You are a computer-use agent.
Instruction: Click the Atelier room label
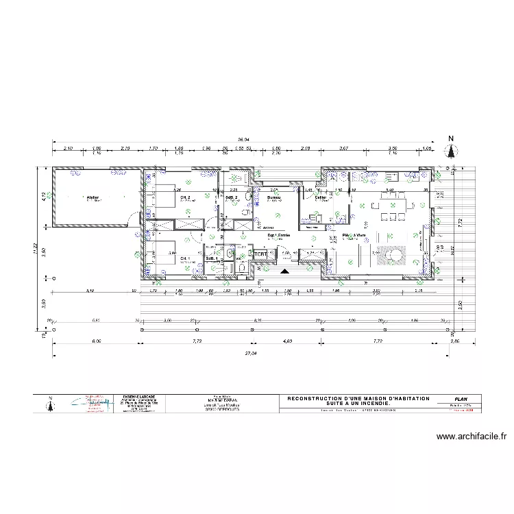[x=93, y=197]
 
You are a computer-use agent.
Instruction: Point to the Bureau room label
[x=273, y=197]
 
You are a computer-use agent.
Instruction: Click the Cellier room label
[x=321, y=197]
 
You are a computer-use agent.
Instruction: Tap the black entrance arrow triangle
[x=284, y=271]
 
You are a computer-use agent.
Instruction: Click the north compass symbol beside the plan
[x=451, y=150]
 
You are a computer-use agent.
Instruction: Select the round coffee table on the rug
[x=395, y=256]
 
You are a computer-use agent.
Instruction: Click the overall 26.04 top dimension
[x=243, y=138]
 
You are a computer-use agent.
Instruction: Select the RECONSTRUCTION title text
[x=358, y=398]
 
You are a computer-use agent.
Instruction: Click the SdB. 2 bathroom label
[x=232, y=197]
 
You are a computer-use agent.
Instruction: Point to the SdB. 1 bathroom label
[x=212, y=258]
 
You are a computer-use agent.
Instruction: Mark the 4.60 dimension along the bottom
[x=288, y=341]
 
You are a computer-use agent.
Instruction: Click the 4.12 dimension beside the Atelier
[x=43, y=197]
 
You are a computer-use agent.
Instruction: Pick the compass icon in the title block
[x=50, y=404]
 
